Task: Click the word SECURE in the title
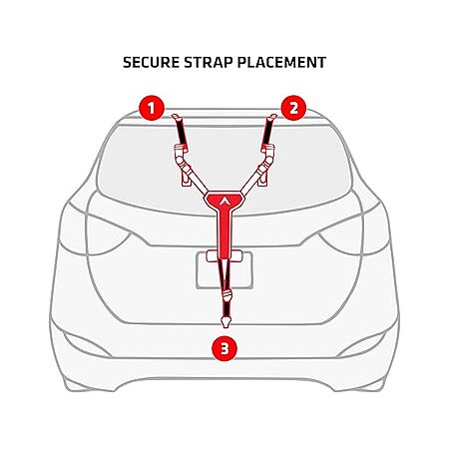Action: pyautogui.click(x=152, y=63)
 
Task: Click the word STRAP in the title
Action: pyautogui.click(x=208, y=63)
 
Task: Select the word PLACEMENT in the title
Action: pyautogui.click(x=281, y=63)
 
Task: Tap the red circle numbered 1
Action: pyautogui.click(x=152, y=108)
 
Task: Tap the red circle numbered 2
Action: pyautogui.click(x=293, y=108)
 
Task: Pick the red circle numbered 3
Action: pyautogui.click(x=224, y=349)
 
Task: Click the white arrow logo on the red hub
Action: pyautogui.click(x=224, y=201)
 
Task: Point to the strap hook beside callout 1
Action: pyautogui.click(x=176, y=117)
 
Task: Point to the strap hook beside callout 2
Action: pyautogui.click(x=272, y=117)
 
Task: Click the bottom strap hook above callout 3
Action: pyautogui.click(x=225, y=321)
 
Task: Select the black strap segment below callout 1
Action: pyautogui.click(x=182, y=133)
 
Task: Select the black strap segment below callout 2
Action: pyautogui.click(x=267, y=133)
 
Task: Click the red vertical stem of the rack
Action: pyautogui.click(x=224, y=231)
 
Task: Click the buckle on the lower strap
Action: pyautogui.click(x=226, y=295)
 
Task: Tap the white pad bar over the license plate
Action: pyautogui.click(x=224, y=255)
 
